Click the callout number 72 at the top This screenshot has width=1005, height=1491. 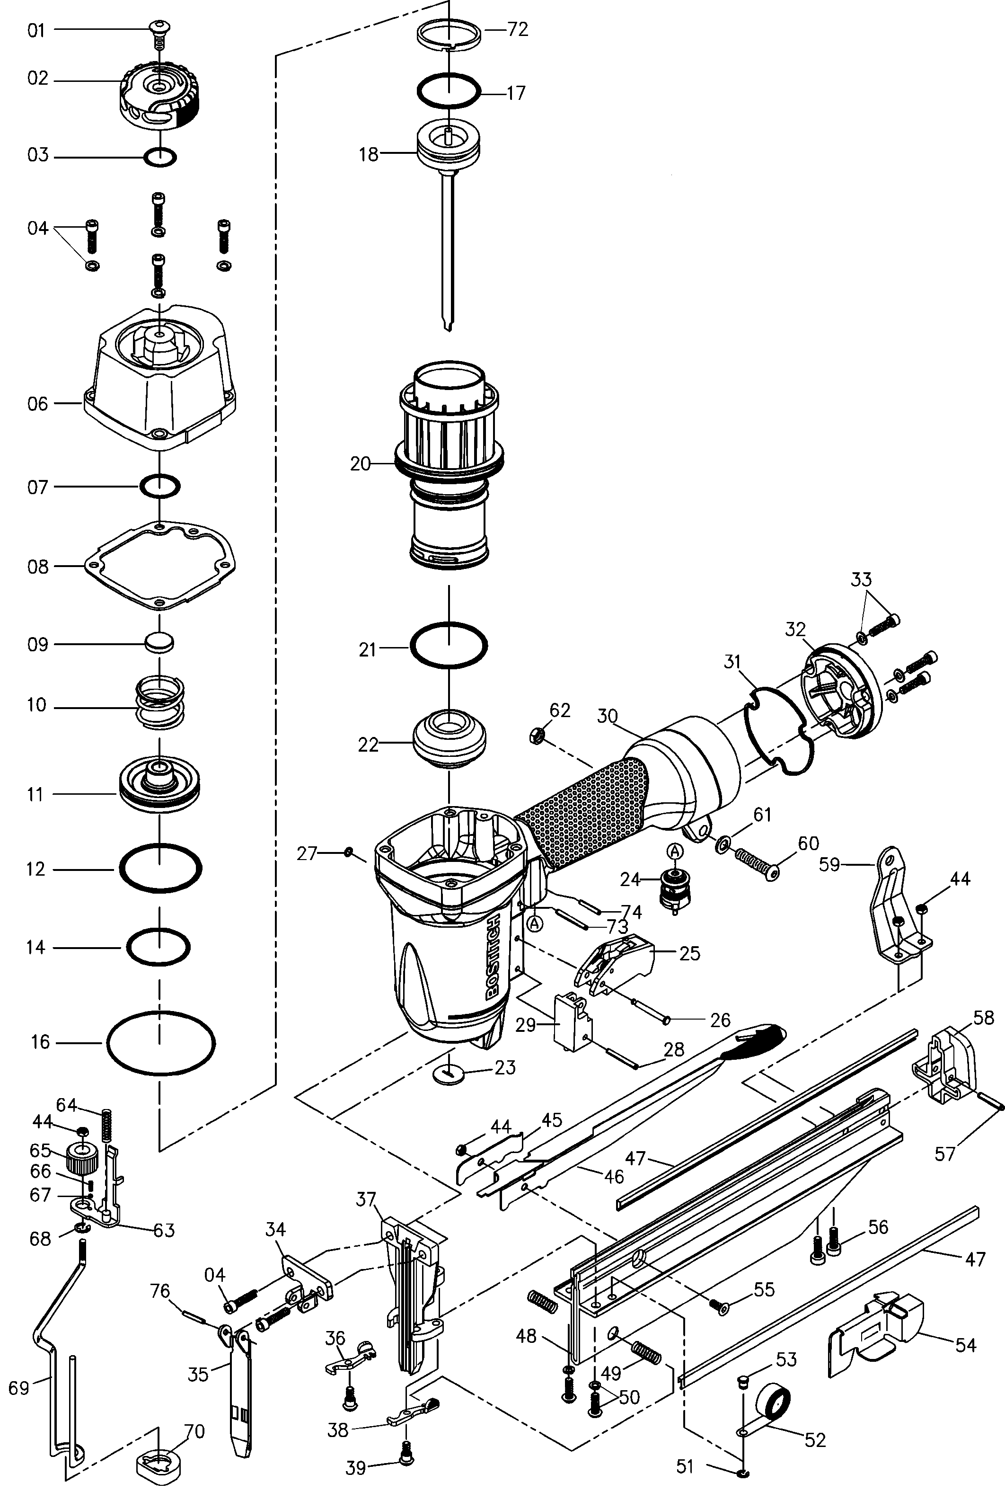[517, 29]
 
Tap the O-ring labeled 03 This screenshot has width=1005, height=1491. [159, 156]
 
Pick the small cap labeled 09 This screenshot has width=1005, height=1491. [159, 643]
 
